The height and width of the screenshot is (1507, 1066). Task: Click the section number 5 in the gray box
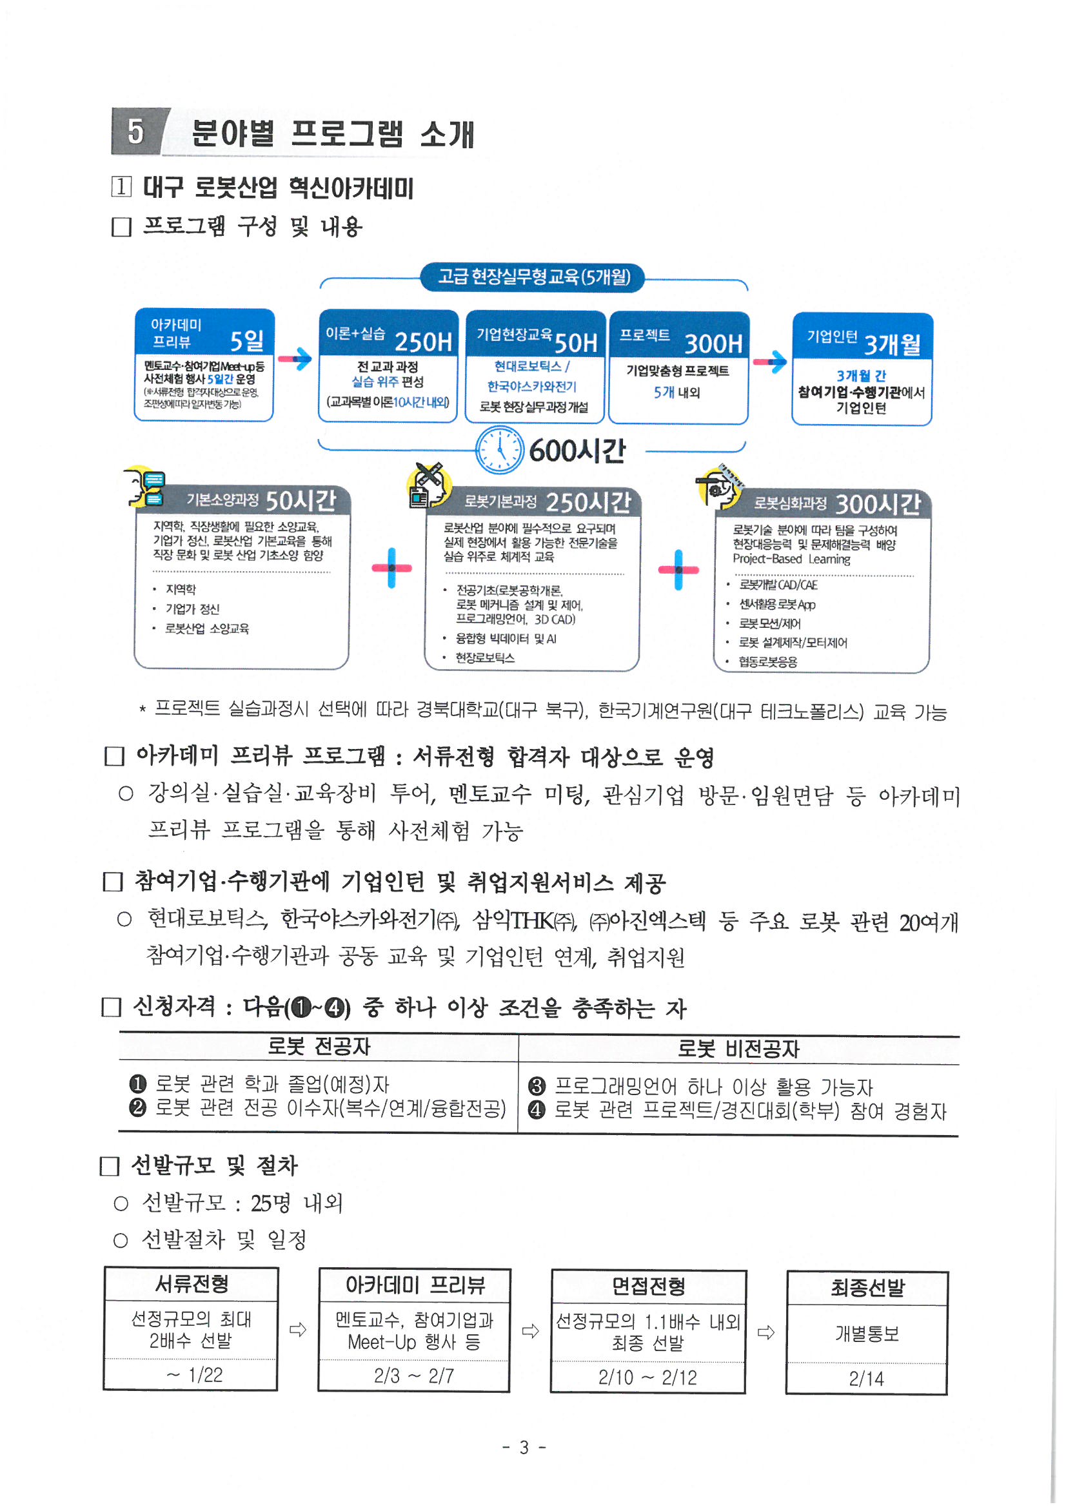[135, 131]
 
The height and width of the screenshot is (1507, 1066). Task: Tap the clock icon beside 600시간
[499, 450]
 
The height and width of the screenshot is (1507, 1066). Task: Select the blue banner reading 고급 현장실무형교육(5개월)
[533, 277]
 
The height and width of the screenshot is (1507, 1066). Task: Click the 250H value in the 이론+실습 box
[424, 342]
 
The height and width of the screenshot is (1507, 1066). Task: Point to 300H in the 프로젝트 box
[713, 344]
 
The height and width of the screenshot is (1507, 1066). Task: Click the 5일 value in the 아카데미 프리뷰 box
[246, 340]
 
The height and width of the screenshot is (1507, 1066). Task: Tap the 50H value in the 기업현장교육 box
[576, 344]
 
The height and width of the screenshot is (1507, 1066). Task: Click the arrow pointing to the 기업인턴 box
[770, 361]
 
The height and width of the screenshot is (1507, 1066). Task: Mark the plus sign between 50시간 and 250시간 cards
[391, 568]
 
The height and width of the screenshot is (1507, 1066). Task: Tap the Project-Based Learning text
[791, 559]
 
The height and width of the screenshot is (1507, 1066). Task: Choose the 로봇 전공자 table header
[319, 1045]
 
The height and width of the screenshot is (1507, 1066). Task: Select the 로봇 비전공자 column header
[738, 1049]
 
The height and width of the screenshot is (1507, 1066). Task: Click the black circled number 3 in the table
[537, 1086]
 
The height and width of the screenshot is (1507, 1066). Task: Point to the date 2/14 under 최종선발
[866, 1378]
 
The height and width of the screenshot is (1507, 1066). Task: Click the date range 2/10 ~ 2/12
[647, 1377]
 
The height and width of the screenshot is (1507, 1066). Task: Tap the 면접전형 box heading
[648, 1287]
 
